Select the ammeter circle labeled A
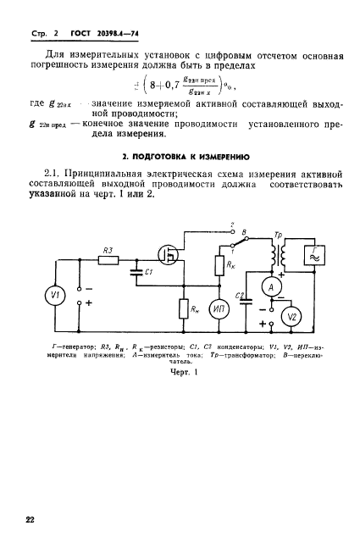point(273,288)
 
